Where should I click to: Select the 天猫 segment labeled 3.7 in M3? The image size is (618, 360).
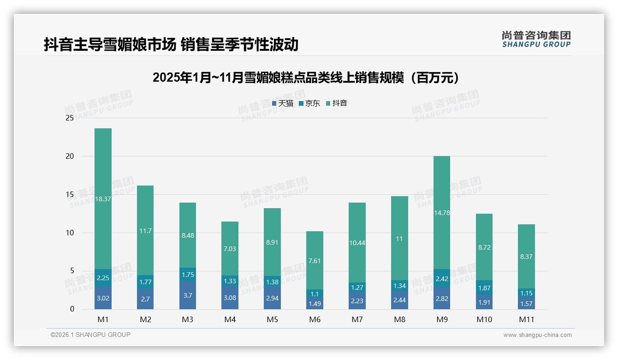click(188, 295)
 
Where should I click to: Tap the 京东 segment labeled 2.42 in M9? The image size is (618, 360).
click(441, 278)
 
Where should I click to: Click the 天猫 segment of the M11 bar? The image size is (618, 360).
click(526, 303)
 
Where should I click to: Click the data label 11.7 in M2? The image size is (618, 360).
click(145, 231)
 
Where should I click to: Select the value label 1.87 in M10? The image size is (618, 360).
click(484, 288)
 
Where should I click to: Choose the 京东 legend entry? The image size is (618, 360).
click(309, 103)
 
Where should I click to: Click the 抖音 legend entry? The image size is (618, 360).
click(337, 103)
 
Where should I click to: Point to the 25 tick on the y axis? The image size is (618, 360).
click(70, 118)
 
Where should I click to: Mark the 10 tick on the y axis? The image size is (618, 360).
click(70, 233)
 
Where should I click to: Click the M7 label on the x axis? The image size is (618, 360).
click(357, 319)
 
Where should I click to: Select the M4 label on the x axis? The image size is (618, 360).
click(230, 319)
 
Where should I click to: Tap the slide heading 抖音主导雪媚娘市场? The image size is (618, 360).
click(171, 45)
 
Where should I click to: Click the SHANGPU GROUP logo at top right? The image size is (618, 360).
click(536, 39)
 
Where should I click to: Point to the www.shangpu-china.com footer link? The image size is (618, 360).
click(537, 335)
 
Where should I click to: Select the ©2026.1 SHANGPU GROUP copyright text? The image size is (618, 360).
click(90, 335)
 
